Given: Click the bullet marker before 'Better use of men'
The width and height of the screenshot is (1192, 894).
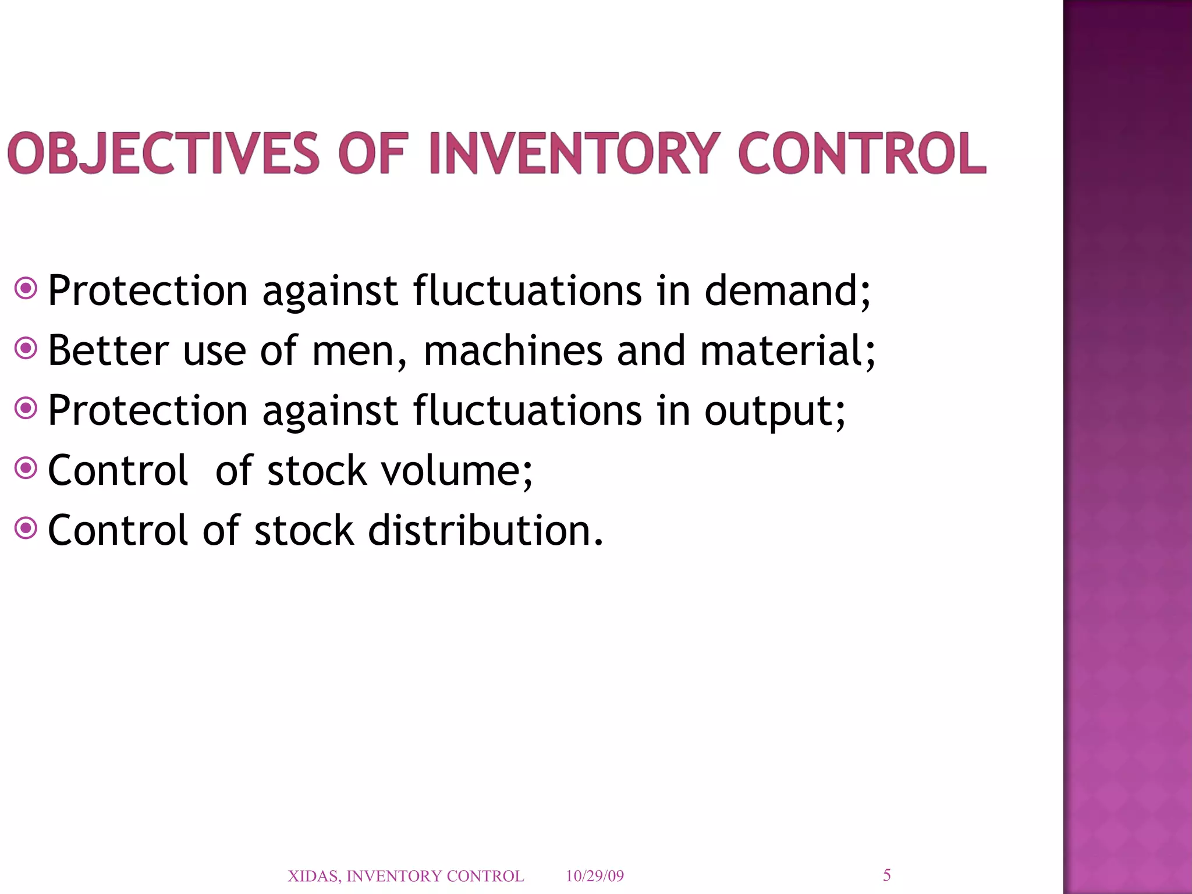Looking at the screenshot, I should [26, 349].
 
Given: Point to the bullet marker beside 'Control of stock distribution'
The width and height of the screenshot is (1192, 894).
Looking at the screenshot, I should [26, 528].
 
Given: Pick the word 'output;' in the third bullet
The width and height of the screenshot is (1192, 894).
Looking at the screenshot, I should [775, 411].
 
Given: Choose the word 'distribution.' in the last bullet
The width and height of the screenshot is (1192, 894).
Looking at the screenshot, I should [486, 530].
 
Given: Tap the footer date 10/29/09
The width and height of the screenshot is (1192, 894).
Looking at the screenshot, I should [594, 876].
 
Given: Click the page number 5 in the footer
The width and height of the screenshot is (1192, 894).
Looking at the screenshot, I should [886, 875].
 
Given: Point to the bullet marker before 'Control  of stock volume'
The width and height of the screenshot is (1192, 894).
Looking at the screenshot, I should [26, 467].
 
